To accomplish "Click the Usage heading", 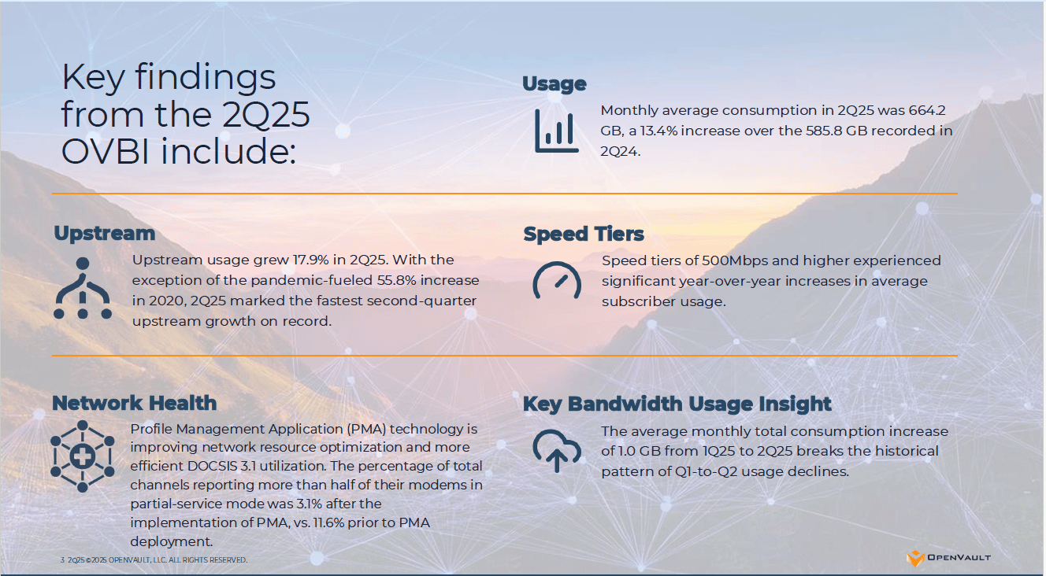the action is click(x=554, y=84).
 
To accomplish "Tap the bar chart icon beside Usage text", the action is click(x=557, y=131).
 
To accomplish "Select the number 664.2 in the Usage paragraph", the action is click(x=927, y=110).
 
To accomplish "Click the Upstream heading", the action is click(x=104, y=233).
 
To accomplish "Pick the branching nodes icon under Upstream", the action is click(x=83, y=288).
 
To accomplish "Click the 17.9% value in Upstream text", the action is click(x=310, y=260).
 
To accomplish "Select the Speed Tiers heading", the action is click(x=583, y=234).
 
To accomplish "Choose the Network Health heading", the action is click(x=134, y=404).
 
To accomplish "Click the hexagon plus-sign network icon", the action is click(x=83, y=456).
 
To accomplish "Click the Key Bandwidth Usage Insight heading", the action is click(x=677, y=404).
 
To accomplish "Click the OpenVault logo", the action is click(x=948, y=558).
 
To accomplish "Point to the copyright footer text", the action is click(x=154, y=560).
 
